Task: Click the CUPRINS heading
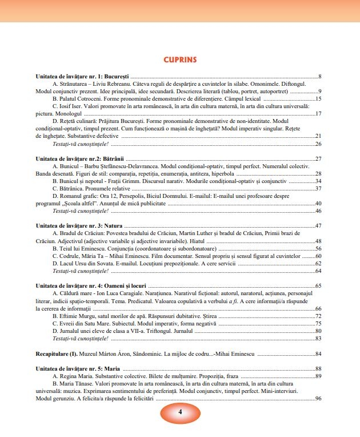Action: [179, 59]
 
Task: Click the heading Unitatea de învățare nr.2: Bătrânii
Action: [79, 158]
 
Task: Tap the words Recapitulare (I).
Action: [57, 354]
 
